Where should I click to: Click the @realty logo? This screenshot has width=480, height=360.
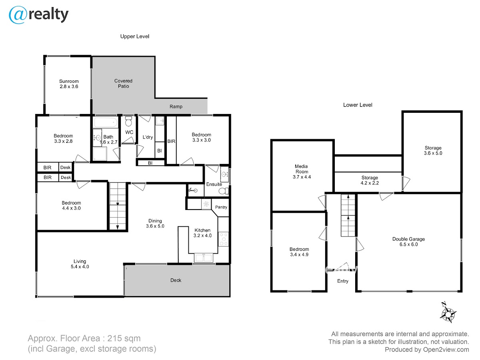tap(38, 15)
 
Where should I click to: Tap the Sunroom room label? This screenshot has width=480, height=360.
tap(69, 84)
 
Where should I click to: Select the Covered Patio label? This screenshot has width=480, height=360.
tap(123, 84)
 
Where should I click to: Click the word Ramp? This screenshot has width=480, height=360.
tap(176, 107)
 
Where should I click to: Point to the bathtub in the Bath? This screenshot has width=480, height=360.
tap(106, 123)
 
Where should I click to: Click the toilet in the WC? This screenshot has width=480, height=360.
tap(128, 121)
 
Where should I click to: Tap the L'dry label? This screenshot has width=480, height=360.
tap(148, 137)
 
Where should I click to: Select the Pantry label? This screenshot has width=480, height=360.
tap(221, 207)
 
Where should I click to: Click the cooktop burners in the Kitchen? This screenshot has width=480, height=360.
tap(224, 239)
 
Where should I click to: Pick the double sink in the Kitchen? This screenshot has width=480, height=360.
tap(203, 258)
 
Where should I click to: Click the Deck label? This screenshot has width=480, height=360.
tap(176, 280)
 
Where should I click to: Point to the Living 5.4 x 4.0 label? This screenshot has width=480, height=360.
tap(80, 264)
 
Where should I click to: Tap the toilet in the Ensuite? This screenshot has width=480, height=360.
tap(224, 191)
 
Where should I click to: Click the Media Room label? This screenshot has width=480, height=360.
tap(302, 172)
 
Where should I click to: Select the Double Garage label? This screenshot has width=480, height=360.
tap(408, 242)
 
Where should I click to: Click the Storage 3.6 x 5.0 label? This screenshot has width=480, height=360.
tap(433, 151)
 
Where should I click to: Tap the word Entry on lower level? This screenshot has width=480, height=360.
tap(343, 281)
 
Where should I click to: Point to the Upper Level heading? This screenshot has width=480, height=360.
tap(135, 36)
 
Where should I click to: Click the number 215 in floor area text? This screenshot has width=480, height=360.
tap(114, 338)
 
